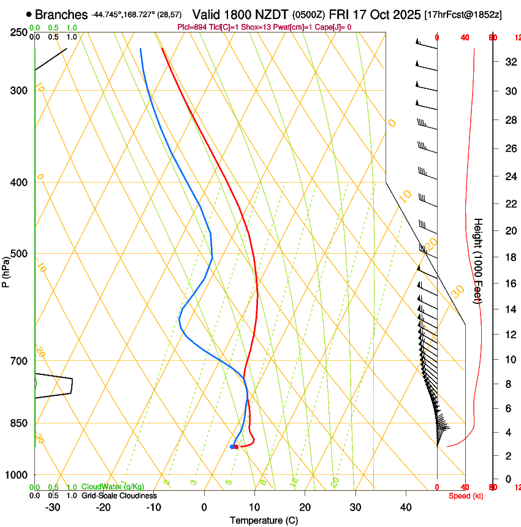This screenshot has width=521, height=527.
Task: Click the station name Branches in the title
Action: pyautogui.click(x=61, y=14)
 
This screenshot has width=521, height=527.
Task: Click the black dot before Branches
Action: pyautogui.click(x=29, y=14)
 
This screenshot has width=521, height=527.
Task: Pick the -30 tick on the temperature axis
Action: pyautogui.click(x=53, y=507)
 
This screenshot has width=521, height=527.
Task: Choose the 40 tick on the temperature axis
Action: pyautogui.click(x=405, y=507)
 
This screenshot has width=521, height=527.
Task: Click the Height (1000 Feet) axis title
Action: pyautogui.click(x=478, y=260)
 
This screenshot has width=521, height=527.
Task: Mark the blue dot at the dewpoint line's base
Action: pyautogui.click(x=232, y=447)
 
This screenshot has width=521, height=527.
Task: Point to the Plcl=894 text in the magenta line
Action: pyautogui.click(x=192, y=27)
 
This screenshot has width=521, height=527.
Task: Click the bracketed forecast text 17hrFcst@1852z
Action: pyautogui.click(x=463, y=14)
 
